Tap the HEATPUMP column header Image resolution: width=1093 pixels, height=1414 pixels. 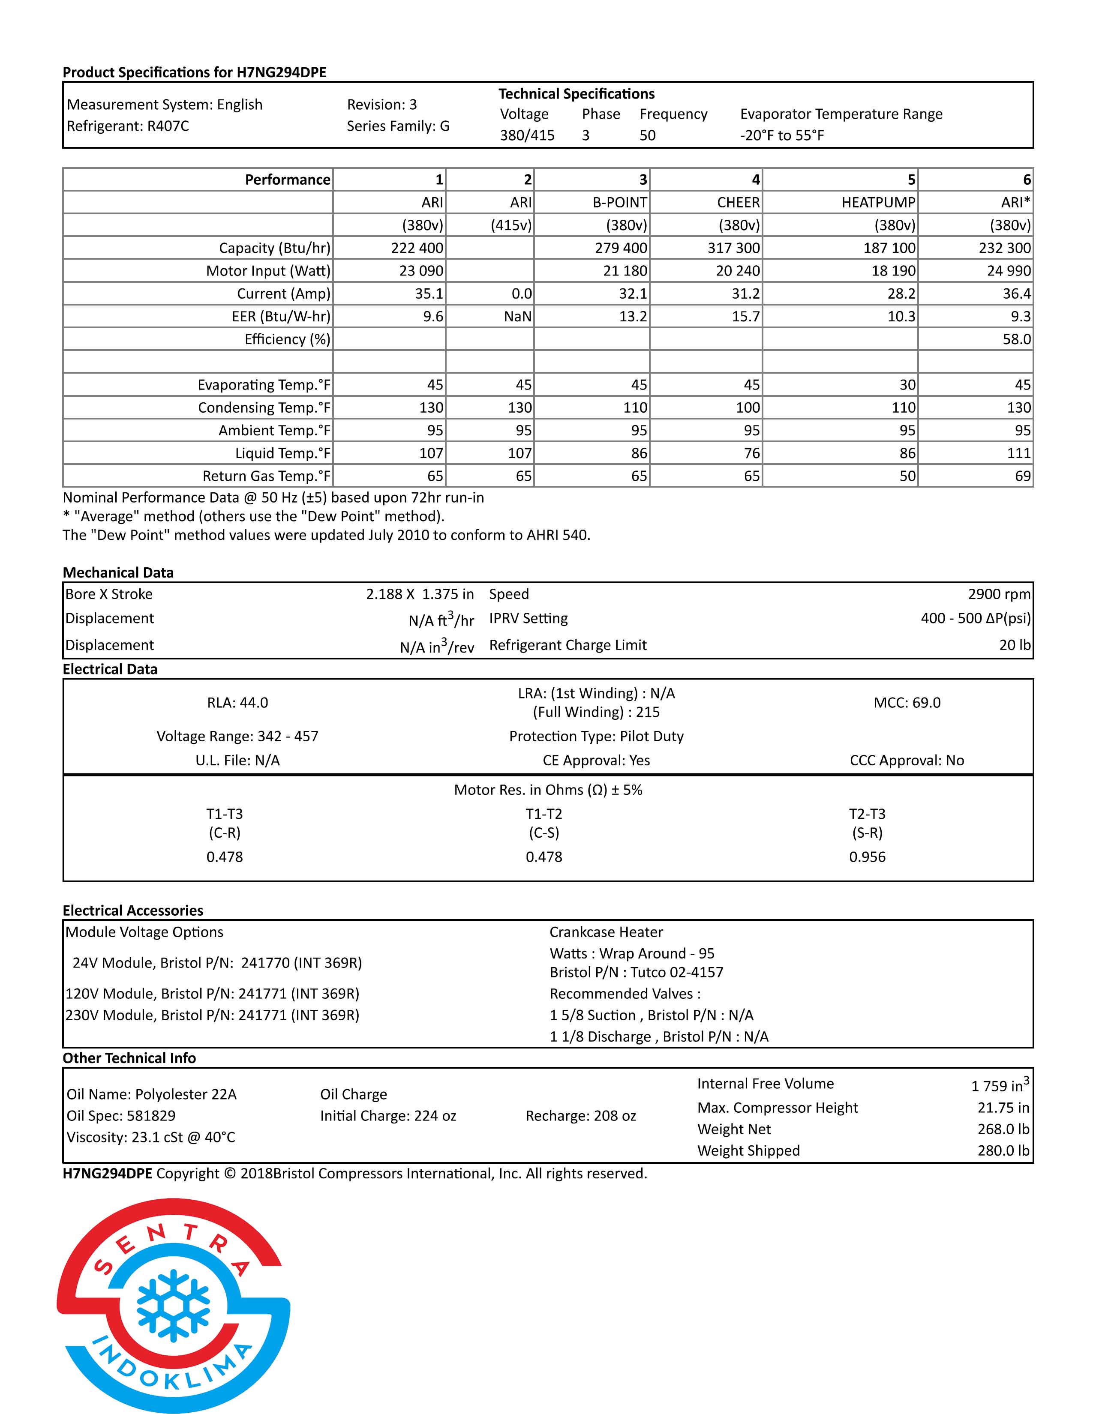click(878, 203)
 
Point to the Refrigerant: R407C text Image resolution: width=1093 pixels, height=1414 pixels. click(128, 126)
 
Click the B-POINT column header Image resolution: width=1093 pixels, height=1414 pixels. click(620, 203)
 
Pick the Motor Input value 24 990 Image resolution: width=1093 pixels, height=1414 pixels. click(1008, 271)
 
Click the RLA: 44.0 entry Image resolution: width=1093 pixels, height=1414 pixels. click(237, 702)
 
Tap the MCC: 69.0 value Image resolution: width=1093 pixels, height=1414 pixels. click(907, 702)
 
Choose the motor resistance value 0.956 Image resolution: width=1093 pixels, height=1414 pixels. click(867, 857)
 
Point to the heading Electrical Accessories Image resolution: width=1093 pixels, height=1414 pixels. click(133, 910)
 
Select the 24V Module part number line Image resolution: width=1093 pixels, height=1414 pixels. click(217, 963)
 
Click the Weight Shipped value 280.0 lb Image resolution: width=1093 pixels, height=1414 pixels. click(1003, 1150)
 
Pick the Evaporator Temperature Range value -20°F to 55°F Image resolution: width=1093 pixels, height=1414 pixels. click(782, 135)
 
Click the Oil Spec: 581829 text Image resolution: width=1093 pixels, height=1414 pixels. click(121, 1115)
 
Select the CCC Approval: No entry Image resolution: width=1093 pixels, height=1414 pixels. click(907, 760)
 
